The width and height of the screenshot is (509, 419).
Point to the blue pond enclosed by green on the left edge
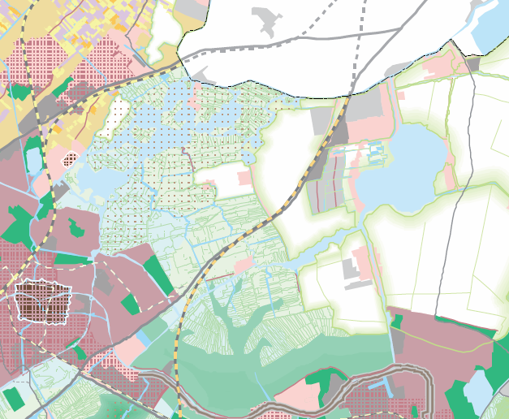pyautogui.click(x=33, y=158)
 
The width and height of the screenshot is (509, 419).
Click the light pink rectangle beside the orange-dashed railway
pyautogui.click(x=242, y=265)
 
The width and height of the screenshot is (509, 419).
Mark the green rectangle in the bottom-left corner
pyautogui.click(x=12, y=398)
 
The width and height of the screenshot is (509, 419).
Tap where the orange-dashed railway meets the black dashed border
pyautogui.click(x=347, y=96)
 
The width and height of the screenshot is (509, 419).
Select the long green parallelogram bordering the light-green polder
pyautogui.click(x=160, y=274)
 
